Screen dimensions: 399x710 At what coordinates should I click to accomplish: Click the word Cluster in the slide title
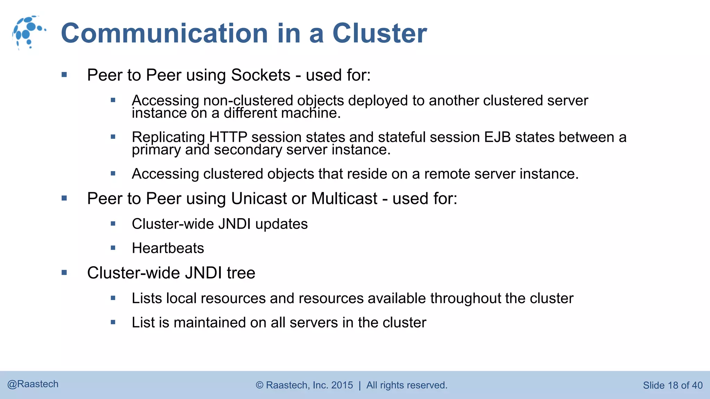click(380, 33)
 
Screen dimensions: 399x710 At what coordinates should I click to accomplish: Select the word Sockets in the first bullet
click(260, 75)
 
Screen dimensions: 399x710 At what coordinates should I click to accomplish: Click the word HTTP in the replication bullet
click(228, 137)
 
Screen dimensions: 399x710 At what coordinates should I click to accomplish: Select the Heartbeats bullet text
click(168, 248)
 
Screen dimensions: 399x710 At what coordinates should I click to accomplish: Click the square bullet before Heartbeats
click(113, 248)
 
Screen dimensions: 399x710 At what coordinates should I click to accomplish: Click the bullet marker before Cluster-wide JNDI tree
click(64, 273)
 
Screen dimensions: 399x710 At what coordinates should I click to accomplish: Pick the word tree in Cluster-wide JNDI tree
click(241, 273)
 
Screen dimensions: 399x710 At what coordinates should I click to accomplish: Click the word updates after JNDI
click(281, 224)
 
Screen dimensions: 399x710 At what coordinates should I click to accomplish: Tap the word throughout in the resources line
click(466, 299)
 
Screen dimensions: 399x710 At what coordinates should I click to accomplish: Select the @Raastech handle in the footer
click(33, 384)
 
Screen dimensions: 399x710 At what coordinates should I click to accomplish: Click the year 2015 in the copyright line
click(342, 385)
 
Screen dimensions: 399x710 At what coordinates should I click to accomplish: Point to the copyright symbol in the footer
click(260, 385)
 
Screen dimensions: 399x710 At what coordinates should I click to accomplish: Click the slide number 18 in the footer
click(673, 385)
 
